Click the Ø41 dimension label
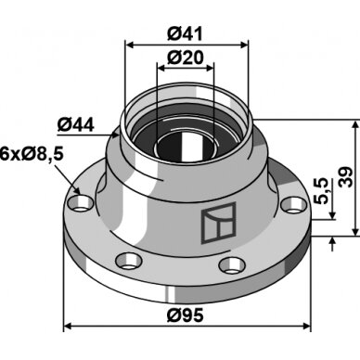pyautogui.click(x=185, y=33)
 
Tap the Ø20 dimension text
pyautogui.click(x=186, y=58)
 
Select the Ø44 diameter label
pyautogui.click(x=75, y=125)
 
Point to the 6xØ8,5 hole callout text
pyautogui.click(x=32, y=154)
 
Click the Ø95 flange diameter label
pyautogui.click(x=185, y=315)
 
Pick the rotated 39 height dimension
pyautogui.click(x=345, y=177)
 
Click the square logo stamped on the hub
pyautogui.click(x=219, y=223)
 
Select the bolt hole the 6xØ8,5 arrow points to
pyautogui.click(x=80, y=204)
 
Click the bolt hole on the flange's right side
pyautogui.click(x=293, y=205)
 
